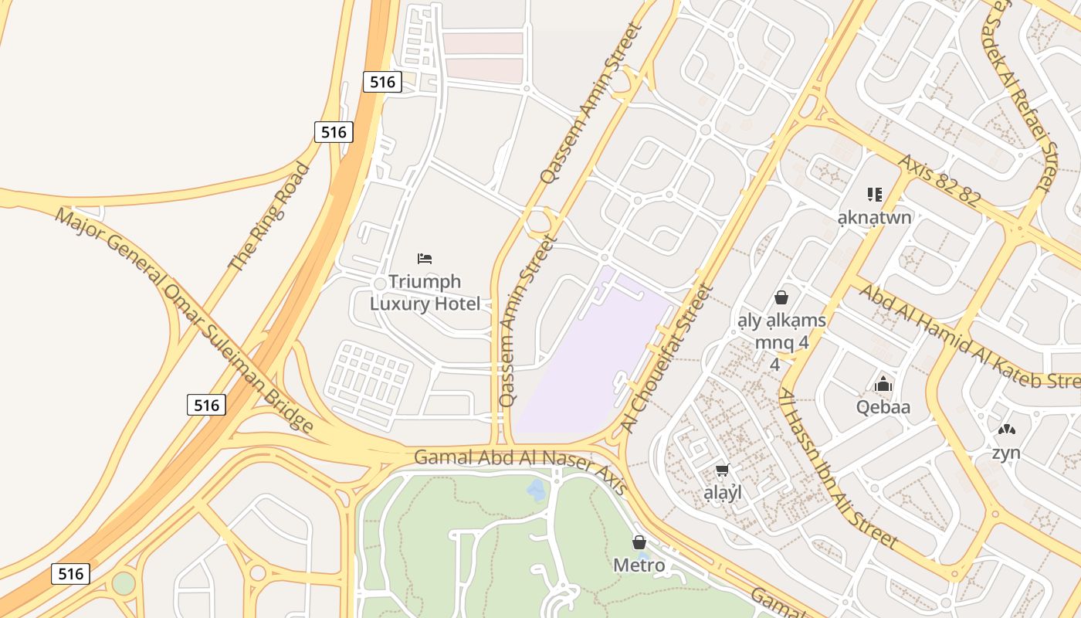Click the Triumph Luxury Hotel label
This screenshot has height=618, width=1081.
(x=425, y=293)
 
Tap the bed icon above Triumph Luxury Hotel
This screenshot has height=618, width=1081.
(x=425, y=258)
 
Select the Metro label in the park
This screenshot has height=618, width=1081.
(x=639, y=565)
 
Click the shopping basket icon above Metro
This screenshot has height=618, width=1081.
(x=639, y=542)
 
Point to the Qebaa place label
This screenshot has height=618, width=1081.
(x=883, y=407)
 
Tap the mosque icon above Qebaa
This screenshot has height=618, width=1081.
(x=883, y=383)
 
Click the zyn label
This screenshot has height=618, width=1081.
(x=1006, y=453)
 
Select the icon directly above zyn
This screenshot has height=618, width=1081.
(x=1006, y=430)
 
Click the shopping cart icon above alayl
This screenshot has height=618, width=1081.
(x=722, y=470)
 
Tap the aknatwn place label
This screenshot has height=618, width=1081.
(x=874, y=217)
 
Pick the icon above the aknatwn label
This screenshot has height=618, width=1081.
(x=874, y=194)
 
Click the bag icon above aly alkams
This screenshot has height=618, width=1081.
(x=781, y=297)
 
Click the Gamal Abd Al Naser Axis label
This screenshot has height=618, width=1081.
(x=521, y=463)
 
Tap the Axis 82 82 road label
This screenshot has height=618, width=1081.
(x=938, y=179)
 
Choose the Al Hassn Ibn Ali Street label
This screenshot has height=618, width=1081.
(x=837, y=469)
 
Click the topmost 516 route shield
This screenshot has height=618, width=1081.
(x=382, y=81)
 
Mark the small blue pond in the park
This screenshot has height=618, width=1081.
(x=536, y=489)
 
